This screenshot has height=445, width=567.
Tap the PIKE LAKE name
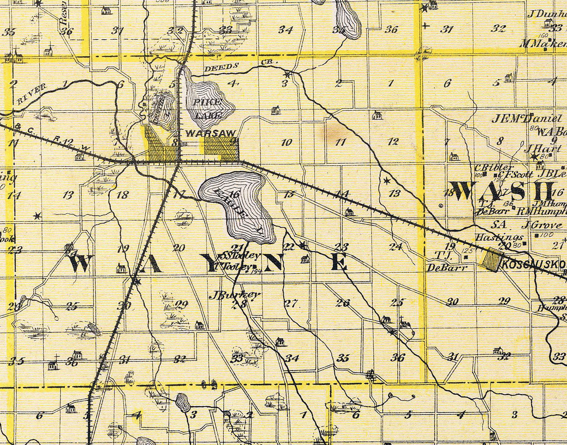pos(206,107)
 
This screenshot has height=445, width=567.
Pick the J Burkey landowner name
pos(234,295)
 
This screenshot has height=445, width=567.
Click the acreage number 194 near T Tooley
pos(255,271)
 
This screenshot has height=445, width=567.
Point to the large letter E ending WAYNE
pos(340,263)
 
